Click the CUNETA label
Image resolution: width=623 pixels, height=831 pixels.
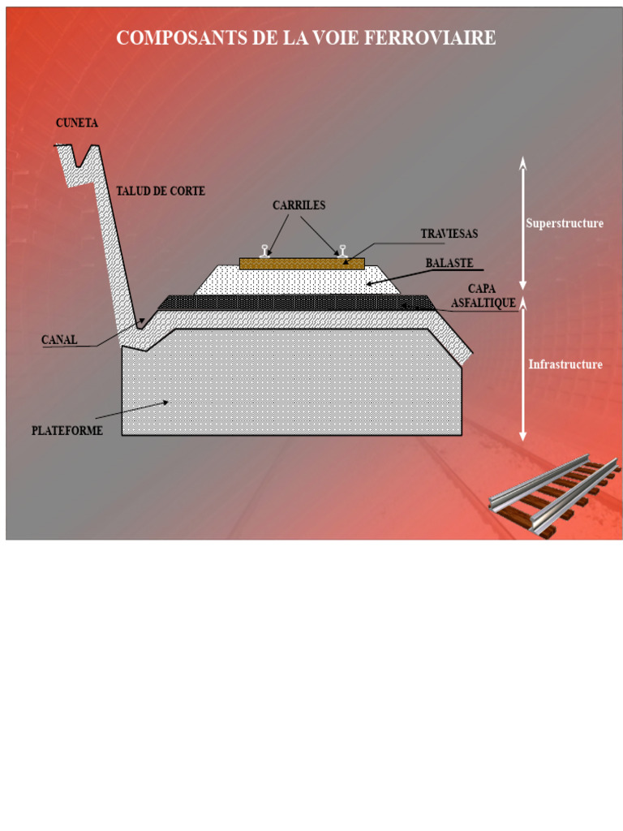[77, 123]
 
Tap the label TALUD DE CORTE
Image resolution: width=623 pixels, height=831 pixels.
[161, 191]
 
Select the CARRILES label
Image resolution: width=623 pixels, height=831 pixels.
[299, 205]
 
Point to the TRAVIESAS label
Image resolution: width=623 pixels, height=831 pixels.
[449, 233]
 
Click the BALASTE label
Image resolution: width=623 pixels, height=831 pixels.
[449, 263]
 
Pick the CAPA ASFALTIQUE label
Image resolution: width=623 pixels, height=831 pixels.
[483, 295]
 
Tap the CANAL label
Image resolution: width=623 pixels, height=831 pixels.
[59, 340]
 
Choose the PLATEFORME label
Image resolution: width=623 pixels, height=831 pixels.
[67, 430]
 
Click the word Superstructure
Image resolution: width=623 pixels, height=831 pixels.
[565, 223]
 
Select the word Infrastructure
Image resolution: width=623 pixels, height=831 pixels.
[565, 364]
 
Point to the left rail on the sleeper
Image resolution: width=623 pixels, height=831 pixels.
[264, 252]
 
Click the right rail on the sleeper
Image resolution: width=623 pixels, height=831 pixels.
[343, 252]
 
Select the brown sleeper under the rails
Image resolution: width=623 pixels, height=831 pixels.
[302, 264]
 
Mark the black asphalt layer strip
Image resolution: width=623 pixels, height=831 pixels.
[297, 303]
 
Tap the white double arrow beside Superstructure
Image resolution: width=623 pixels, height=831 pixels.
[523, 223]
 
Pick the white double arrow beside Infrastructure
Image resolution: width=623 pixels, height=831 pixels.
[523, 369]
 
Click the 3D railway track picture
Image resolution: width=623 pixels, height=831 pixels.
[554, 496]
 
